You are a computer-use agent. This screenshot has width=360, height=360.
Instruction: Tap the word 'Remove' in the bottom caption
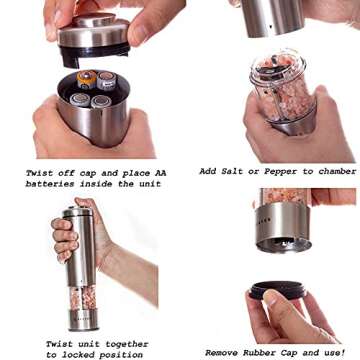225,352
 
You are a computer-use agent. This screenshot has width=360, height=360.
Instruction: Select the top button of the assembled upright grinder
77,211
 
